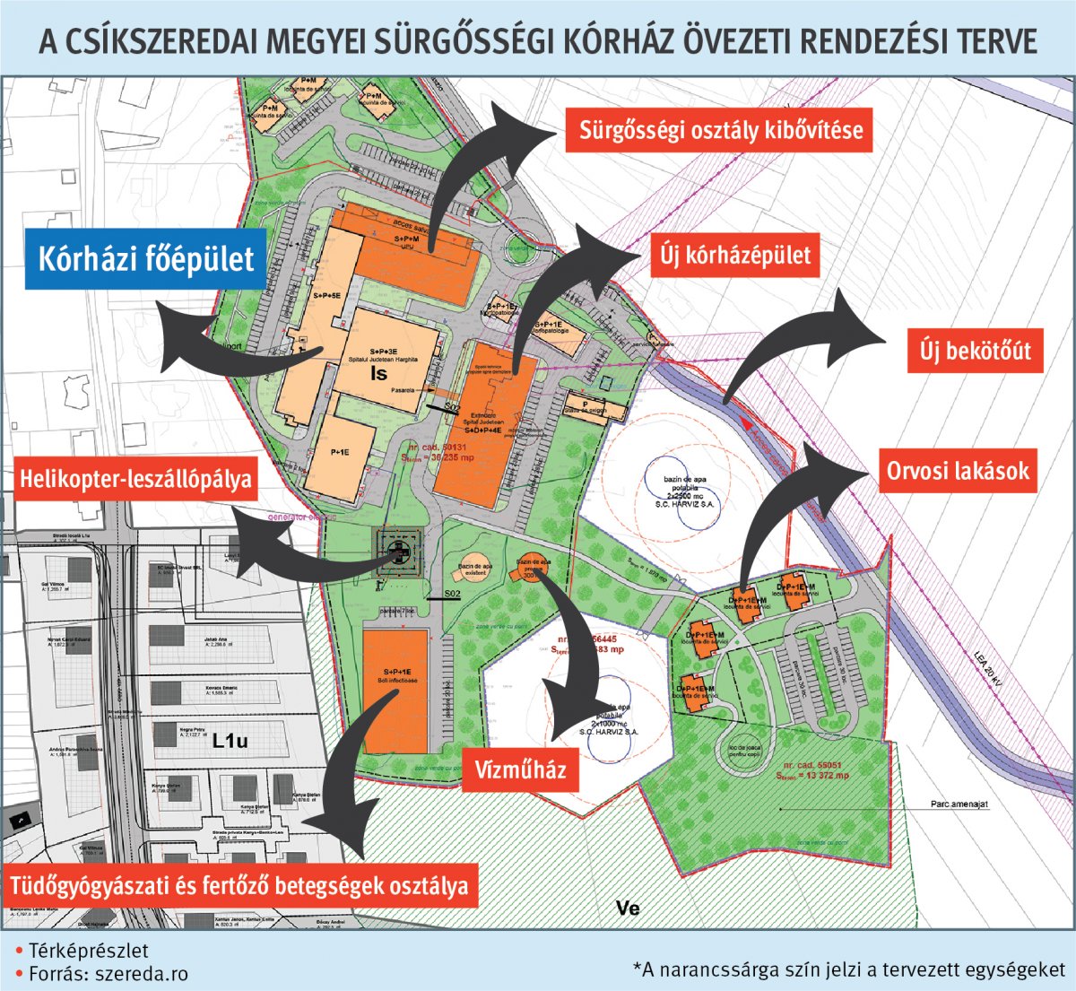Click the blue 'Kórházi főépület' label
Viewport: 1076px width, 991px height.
pyautogui.click(x=146, y=258)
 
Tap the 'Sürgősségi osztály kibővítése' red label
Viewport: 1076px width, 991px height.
pyautogui.click(x=720, y=130)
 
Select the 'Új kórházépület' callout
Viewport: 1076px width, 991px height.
pyautogui.click(x=735, y=256)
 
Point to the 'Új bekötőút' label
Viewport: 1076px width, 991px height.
pyautogui.click(x=975, y=351)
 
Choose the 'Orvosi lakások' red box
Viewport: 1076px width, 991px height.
pyautogui.click(x=958, y=471)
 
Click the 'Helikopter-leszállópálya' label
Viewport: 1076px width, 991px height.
pyautogui.click(x=135, y=481)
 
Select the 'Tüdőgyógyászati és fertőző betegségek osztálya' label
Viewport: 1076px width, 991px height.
pyautogui.click(x=239, y=886)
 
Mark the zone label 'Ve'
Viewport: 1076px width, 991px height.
pyautogui.click(x=628, y=908)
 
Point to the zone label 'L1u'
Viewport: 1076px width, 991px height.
pyautogui.click(x=230, y=742)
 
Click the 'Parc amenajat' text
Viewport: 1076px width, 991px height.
pyautogui.click(x=959, y=804)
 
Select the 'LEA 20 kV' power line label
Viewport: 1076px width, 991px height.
pyautogui.click(x=989, y=667)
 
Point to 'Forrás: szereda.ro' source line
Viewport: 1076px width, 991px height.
pyautogui.click(x=108, y=973)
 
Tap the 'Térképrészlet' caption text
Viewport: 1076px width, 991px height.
pyautogui.click(x=88, y=951)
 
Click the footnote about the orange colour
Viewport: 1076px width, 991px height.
pyautogui.click(x=848, y=969)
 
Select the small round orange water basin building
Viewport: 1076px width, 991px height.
pyautogui.click(x=529, y=570)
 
